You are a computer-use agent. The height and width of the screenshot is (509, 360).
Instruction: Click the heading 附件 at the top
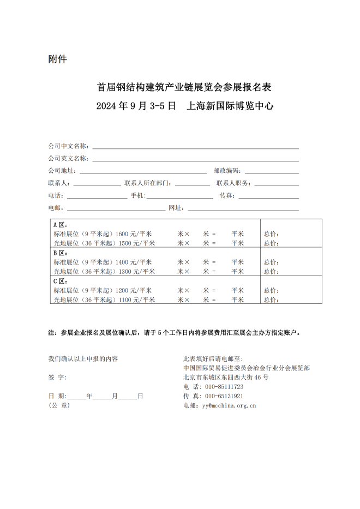pyautogui.click(x=57, y=59)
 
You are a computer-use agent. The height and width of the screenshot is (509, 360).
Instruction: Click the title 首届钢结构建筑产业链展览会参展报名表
pyautogui.click(x=184, y=87)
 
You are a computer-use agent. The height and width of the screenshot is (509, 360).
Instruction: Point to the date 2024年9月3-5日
pyautogui.click(x=136, y=106)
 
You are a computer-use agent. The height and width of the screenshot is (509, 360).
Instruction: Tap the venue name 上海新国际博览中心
pyautogui.click(x=230, y=106)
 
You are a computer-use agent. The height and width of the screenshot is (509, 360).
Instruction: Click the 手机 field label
pyautogui.click(x=137, y=196)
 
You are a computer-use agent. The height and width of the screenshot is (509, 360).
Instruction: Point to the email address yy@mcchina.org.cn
pyautogui.click(x=229, y=405)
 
